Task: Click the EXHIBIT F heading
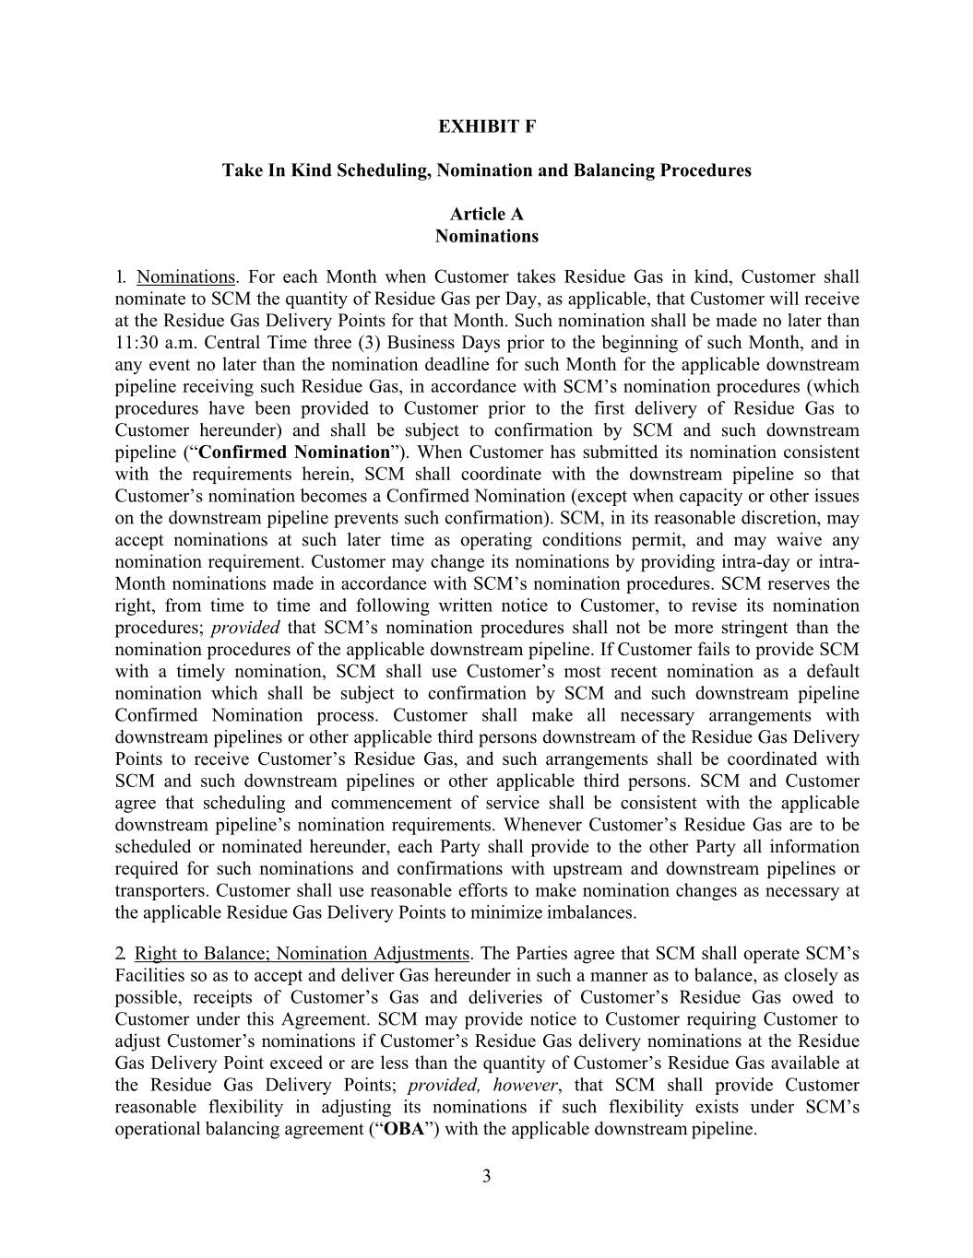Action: point(486,126)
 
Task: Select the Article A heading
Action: point(486,214)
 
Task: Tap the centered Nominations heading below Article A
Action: point(486,236)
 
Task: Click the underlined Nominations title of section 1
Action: point(185,277)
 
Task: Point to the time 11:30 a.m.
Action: point(148,343)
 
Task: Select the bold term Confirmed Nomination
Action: point(294,453)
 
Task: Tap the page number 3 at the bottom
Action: point(486,1175)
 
